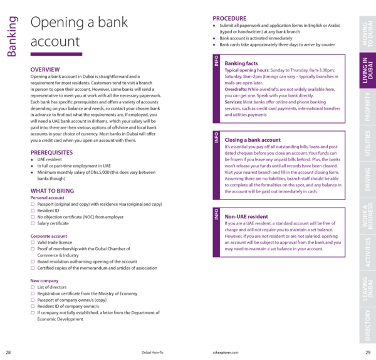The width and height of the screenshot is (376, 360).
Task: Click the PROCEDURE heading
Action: (229, 18)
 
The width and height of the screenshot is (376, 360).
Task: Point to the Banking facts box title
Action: (241, 63)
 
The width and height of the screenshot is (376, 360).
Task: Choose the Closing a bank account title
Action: (253, 140)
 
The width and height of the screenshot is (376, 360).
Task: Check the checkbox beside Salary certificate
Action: (33, 223)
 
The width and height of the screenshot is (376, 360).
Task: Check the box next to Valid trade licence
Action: (33, 243)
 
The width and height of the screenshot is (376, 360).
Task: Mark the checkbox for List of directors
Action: (33, 287)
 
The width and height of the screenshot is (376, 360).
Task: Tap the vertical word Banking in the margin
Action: (12, 36)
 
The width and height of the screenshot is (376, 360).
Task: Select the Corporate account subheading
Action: (49, 236)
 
